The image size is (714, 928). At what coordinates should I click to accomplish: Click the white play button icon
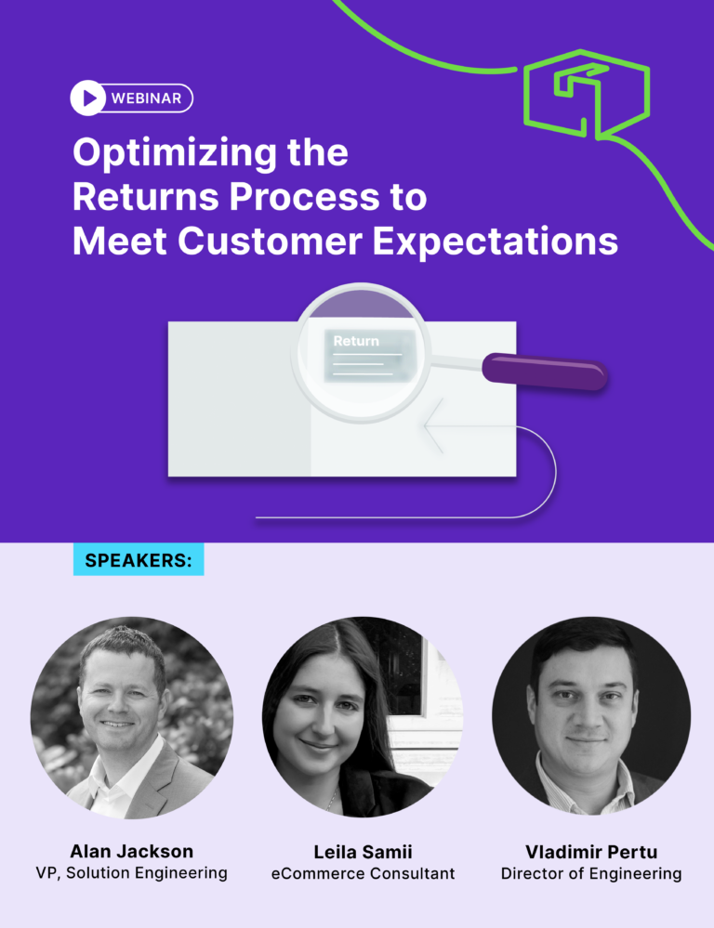click(87, 98)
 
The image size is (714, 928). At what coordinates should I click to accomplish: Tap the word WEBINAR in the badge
click(146, 98)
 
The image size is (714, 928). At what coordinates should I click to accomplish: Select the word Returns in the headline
click(146, 197)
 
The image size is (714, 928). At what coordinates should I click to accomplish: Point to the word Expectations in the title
click(496, 242)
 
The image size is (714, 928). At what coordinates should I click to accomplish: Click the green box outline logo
click(587, 95)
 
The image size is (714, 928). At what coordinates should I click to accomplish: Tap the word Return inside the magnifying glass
click(356, 341)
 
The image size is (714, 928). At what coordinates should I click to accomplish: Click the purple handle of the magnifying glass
click(545, 372)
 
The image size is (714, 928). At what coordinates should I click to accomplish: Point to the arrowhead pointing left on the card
click(434, 425)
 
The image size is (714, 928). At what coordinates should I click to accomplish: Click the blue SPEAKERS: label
click(139, 560)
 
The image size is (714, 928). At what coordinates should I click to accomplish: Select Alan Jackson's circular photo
click(131, 718)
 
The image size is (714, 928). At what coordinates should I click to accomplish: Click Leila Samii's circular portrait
click(363, 717)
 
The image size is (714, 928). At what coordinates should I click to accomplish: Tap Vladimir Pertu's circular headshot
click(591, 715)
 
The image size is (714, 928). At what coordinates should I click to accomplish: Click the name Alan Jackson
click(131, 851)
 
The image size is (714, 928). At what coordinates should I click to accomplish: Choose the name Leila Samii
click(363, 852)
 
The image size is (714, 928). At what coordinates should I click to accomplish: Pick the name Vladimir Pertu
click(591, 852)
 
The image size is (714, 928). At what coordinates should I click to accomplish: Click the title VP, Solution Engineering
click(131, 873)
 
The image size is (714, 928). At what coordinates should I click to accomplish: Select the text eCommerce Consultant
click(363, 873)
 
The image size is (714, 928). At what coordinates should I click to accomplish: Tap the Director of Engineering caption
click(591, 874)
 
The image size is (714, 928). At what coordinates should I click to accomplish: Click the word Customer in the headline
click(270, 242)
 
